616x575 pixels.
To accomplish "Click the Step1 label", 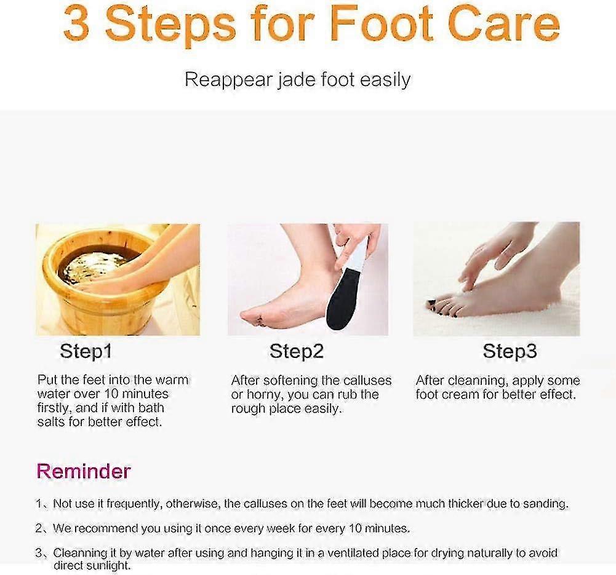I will pos(86,352).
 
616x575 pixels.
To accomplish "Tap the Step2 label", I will pos(296,352).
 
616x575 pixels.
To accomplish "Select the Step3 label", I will pos(510,352).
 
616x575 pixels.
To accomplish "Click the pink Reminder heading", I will pos(84,471).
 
